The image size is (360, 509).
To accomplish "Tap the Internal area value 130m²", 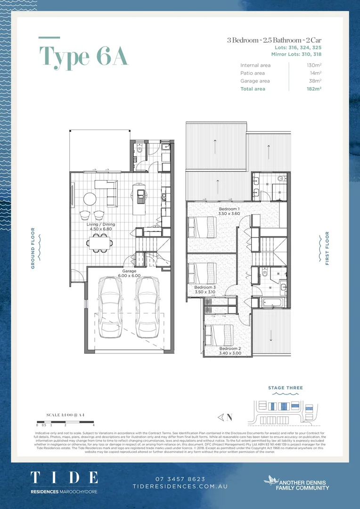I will [314, 66].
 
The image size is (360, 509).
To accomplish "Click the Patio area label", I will [253, 73].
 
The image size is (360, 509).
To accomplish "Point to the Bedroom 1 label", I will [229, 209].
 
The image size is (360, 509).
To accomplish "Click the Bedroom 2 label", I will [230, 348].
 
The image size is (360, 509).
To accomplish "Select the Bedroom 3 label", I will [205, 287].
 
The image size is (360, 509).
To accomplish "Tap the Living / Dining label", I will [100, 224].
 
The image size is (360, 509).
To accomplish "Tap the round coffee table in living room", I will [90, 198].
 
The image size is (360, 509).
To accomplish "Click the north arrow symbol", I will [224, 417].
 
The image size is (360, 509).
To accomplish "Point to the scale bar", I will [65, 422].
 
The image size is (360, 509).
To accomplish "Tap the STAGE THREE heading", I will [286, 388].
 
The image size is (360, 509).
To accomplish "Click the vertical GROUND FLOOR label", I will [33, 248].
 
